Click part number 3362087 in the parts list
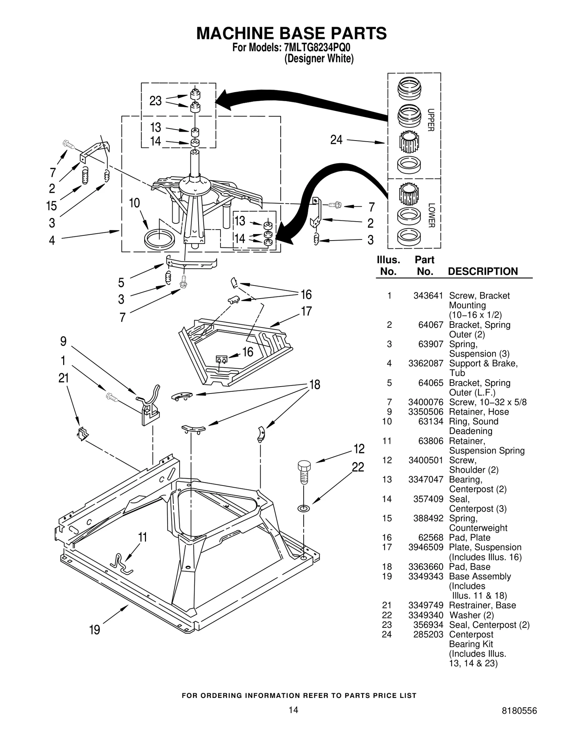click(x=426, y=363)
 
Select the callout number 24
click(x=336, y=139)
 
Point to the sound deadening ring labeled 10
click(x=160, y=239)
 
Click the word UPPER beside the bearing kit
click(x=431, y=120)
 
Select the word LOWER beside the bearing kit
click(x=431, y=215)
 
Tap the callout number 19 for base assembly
click(x=95, y=630)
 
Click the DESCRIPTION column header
click(x=483, y=271)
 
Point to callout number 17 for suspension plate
click(x=306, y=311)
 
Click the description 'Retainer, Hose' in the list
click(x=479, y=412)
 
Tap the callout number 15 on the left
click(x=51, y=206)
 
